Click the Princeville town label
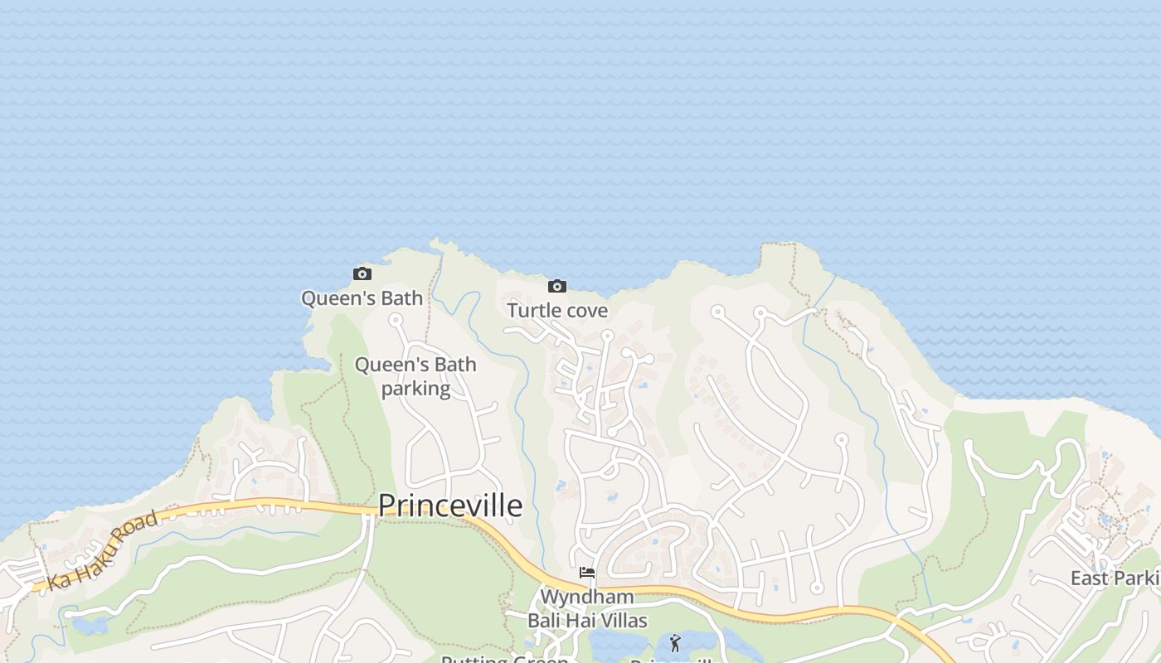[450, 506]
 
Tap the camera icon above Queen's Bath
[362, 274]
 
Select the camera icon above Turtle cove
[557, 287]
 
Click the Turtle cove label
[557, 311]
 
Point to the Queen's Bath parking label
[415, 376]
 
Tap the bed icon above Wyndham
[587, 573]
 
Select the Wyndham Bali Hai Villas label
[587, 608]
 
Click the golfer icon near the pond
[675, 643]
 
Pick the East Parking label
[1115, 578]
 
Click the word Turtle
[532, 311]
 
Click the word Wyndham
[587, 597]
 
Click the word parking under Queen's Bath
[415, 389]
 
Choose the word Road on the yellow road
[135, 530]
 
